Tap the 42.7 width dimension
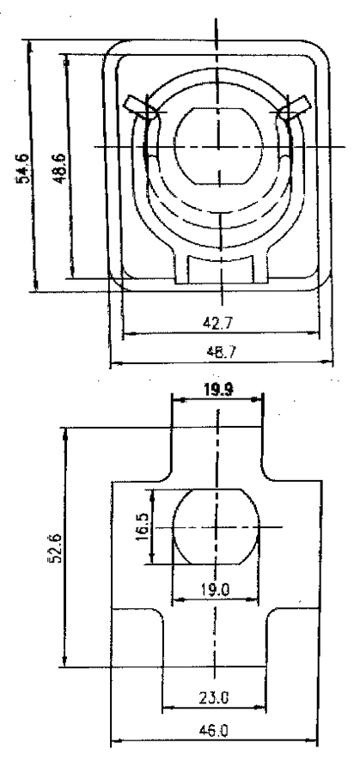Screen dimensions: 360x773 click(218, 323)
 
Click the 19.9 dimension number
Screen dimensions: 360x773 click(218, 390)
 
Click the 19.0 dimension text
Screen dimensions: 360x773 click(216, 589)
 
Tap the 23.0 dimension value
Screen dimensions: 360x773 click(214, 697)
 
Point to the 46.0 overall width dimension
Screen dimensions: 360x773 click(214, 730)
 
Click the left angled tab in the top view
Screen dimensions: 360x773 click(137, 108)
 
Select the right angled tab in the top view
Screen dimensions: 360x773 click(296, 108)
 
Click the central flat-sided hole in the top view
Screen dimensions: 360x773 click(218, 146)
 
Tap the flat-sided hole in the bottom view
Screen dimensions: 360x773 click(216, 527)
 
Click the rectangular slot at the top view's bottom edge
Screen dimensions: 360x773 click(222, 269)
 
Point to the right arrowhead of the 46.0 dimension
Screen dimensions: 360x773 click(313, 740)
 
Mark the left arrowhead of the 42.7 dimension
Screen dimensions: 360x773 click(128, 334)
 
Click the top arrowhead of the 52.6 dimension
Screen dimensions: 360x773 click(64, 434)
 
